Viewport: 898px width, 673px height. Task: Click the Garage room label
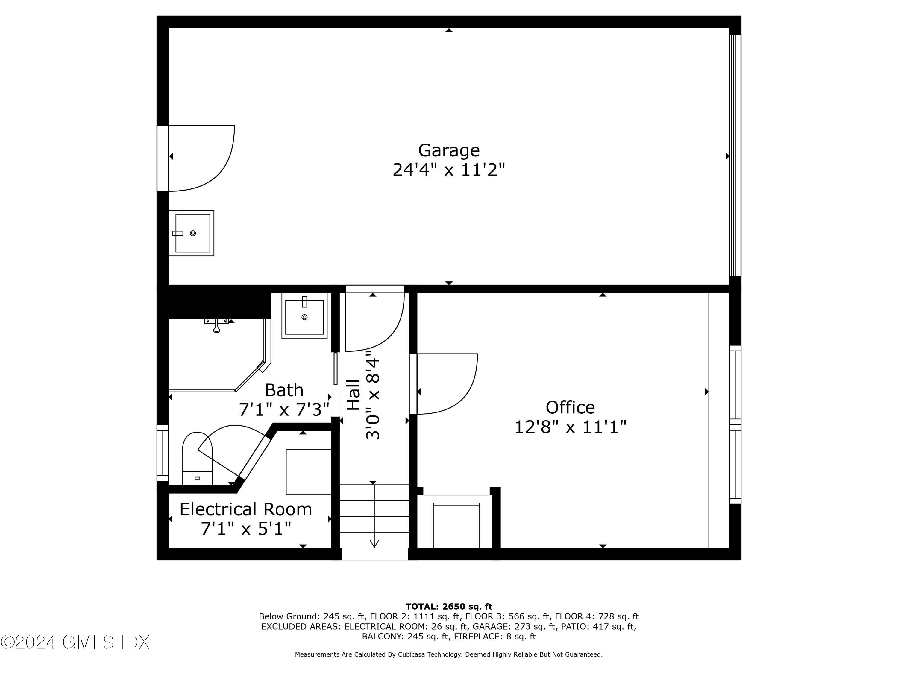click(449, 150)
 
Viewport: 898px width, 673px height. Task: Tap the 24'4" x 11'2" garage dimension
click(449, 170)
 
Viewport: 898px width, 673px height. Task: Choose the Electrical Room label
click(246, 509)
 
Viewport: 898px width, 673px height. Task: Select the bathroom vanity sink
click(304, 316)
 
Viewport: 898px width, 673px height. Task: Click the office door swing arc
click(447, 383)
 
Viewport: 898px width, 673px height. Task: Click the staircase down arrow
click(374, 543)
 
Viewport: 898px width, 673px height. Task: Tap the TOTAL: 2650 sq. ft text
click(449, 607)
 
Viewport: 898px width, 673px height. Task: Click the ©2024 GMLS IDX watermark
click(75, 642)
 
